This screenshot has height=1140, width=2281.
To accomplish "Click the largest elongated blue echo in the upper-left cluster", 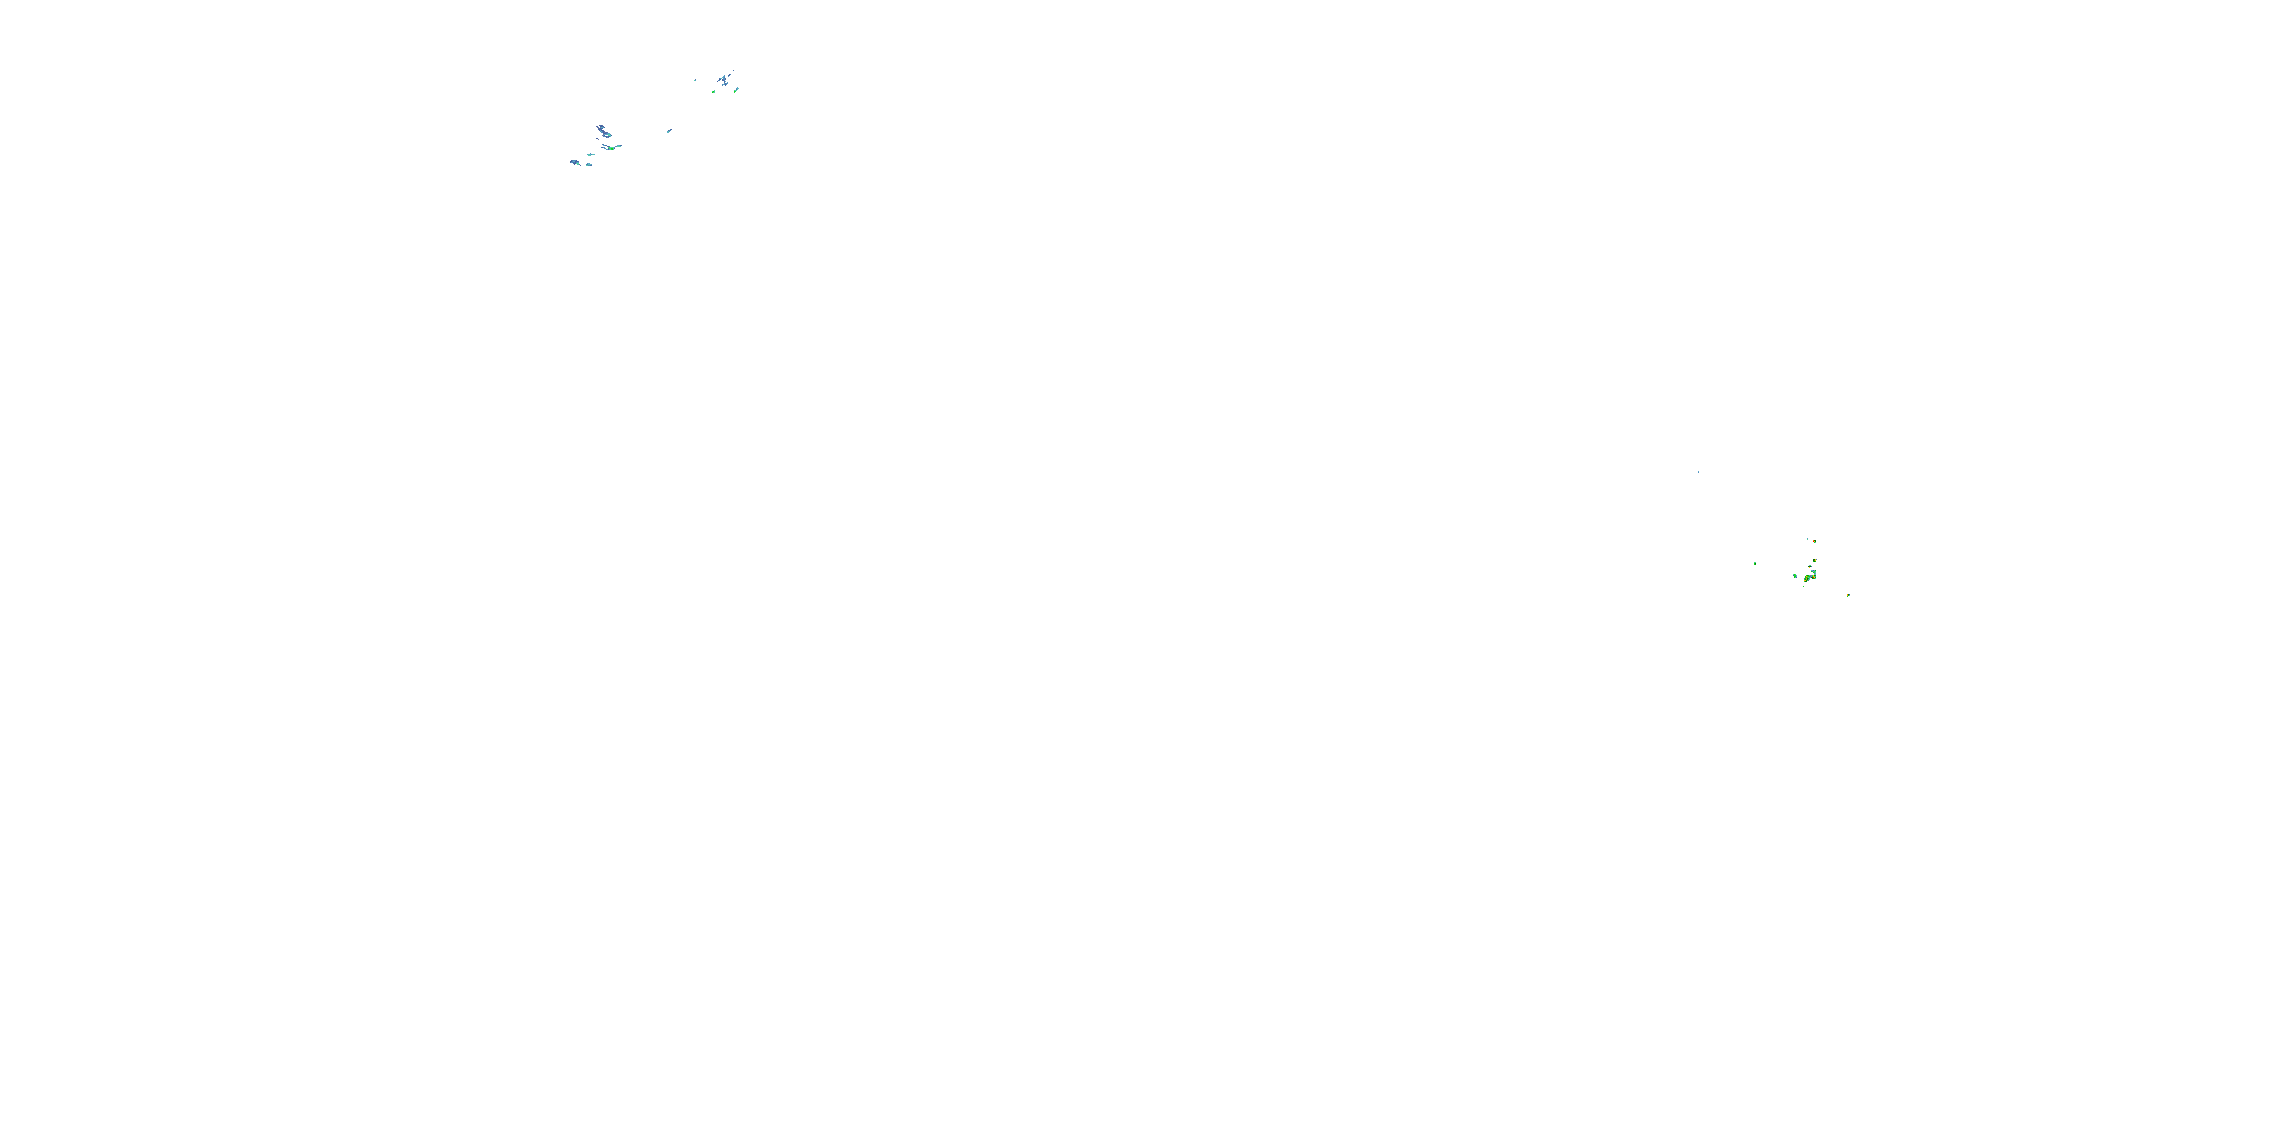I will [604, 133].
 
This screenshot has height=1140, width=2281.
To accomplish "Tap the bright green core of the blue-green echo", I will [612, 149].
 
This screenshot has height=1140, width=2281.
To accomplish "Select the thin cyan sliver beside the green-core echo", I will [619, 146].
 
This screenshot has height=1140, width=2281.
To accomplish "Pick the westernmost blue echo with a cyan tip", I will [576, 163].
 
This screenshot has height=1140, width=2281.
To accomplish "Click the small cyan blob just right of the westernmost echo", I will [590, 166].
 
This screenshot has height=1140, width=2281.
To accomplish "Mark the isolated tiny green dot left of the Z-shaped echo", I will [695, 81].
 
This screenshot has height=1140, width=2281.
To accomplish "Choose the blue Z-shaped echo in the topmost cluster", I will [725, 81].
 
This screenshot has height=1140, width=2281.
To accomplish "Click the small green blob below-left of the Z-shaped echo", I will [714, 92].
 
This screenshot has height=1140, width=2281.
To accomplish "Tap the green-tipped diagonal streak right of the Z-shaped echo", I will [736, 90].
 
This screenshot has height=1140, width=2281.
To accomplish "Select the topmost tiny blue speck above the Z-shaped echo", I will [734, 70].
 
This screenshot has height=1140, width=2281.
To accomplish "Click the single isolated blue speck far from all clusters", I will [1699, 471].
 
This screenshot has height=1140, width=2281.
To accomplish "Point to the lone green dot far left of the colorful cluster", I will [1755, 565].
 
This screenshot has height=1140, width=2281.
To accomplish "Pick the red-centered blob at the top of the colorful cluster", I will [1814, 542].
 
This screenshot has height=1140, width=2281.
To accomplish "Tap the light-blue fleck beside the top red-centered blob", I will [1807, 540].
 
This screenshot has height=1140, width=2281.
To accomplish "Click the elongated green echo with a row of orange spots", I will [1807, 580].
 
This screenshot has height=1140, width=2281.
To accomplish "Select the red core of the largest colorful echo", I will [1813, 578].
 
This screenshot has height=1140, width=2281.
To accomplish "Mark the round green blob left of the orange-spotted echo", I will [1795, 576].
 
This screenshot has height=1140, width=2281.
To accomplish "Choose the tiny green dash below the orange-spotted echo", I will [1804, 587].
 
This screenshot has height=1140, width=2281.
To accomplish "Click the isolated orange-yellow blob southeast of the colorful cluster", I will [1848, 596].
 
